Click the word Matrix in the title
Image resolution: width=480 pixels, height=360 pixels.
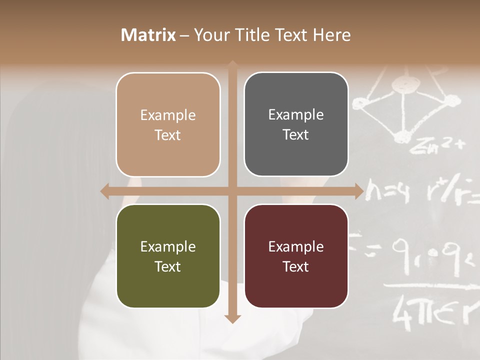tap(148, 35)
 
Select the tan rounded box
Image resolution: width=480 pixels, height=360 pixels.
tap(168, 124)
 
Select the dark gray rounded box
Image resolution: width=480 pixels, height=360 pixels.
tap(296, 124)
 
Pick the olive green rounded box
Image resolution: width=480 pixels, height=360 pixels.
tap(168, 256)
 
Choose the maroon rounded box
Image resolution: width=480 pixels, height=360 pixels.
tap(296, 256)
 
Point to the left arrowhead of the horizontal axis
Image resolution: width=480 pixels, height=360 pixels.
tap(104, 191)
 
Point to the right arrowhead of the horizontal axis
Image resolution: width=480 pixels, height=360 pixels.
tap(359, 191)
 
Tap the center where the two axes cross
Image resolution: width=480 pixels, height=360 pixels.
tap(232, 191)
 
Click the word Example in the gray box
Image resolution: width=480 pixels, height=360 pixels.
tap(296, 114)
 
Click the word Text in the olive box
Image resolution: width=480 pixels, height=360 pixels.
tap(168, 266)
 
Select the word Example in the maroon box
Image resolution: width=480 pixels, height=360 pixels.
tap(296, 246)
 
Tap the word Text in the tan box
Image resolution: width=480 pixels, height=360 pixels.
tap(168, 135)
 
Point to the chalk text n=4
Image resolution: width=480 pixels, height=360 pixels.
tap(388, 192)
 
